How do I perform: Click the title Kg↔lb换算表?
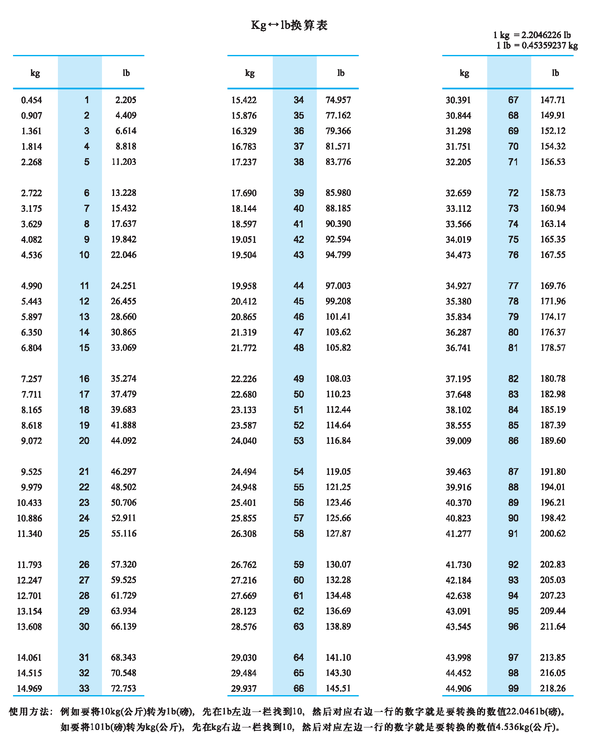[x=289, y=26]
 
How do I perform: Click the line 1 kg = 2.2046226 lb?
[x=532, y=35]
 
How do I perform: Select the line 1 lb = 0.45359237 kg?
[x=537, y=45]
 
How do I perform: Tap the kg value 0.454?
[x=31, y=100]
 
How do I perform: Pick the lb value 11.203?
[x=124, y=162]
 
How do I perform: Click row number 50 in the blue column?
[x=299, y=394]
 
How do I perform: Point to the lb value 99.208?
[x=338, y=301]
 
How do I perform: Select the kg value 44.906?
[x=458, y=688]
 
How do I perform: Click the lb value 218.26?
[x=553, y=688]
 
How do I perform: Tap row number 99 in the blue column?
[x=513, y=688]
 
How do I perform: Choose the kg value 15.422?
[x=244, y=100]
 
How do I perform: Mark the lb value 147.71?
[x=553, y=100]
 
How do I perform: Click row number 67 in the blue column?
[x=513, y=100]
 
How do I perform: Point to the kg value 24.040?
[x=244, y=441]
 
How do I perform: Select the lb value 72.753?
[x=124, y=688]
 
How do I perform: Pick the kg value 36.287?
[x=458, y=332]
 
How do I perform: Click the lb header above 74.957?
[x=341, y=73]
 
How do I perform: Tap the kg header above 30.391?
[x=464, y=73]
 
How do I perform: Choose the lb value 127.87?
[x=338, y=534]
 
